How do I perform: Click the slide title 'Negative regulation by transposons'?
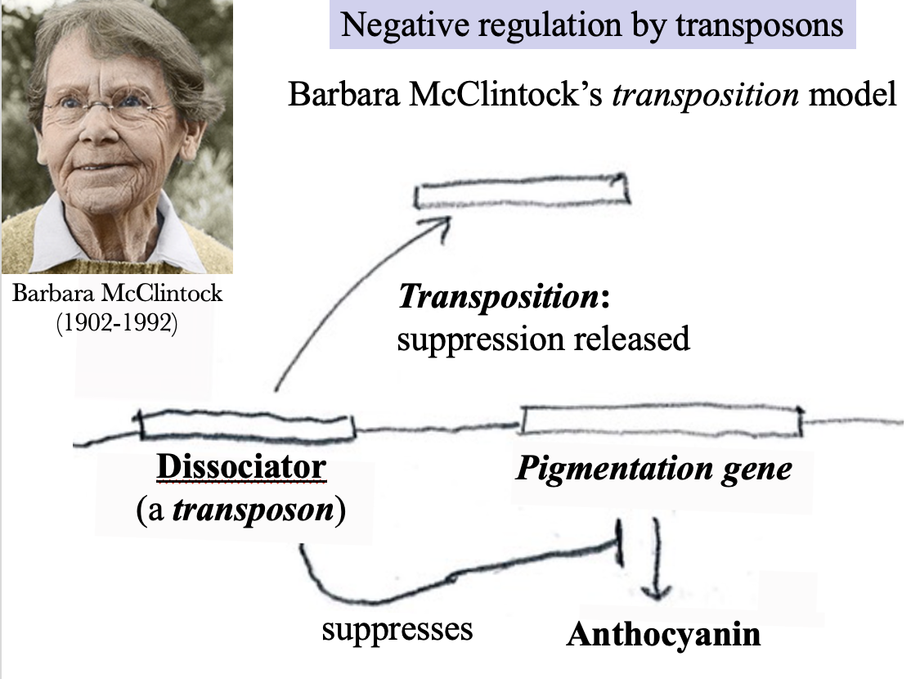(592, 25)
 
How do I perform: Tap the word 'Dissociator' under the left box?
(241, 468)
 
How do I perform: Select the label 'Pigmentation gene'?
(653, 470)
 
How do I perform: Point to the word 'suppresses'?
(397, 629)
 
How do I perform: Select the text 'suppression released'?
(543, 338)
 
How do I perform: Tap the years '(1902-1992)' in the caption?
(117, 322)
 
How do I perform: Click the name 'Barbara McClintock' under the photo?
(117, 293)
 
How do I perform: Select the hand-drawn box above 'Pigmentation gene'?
(661, 420)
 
